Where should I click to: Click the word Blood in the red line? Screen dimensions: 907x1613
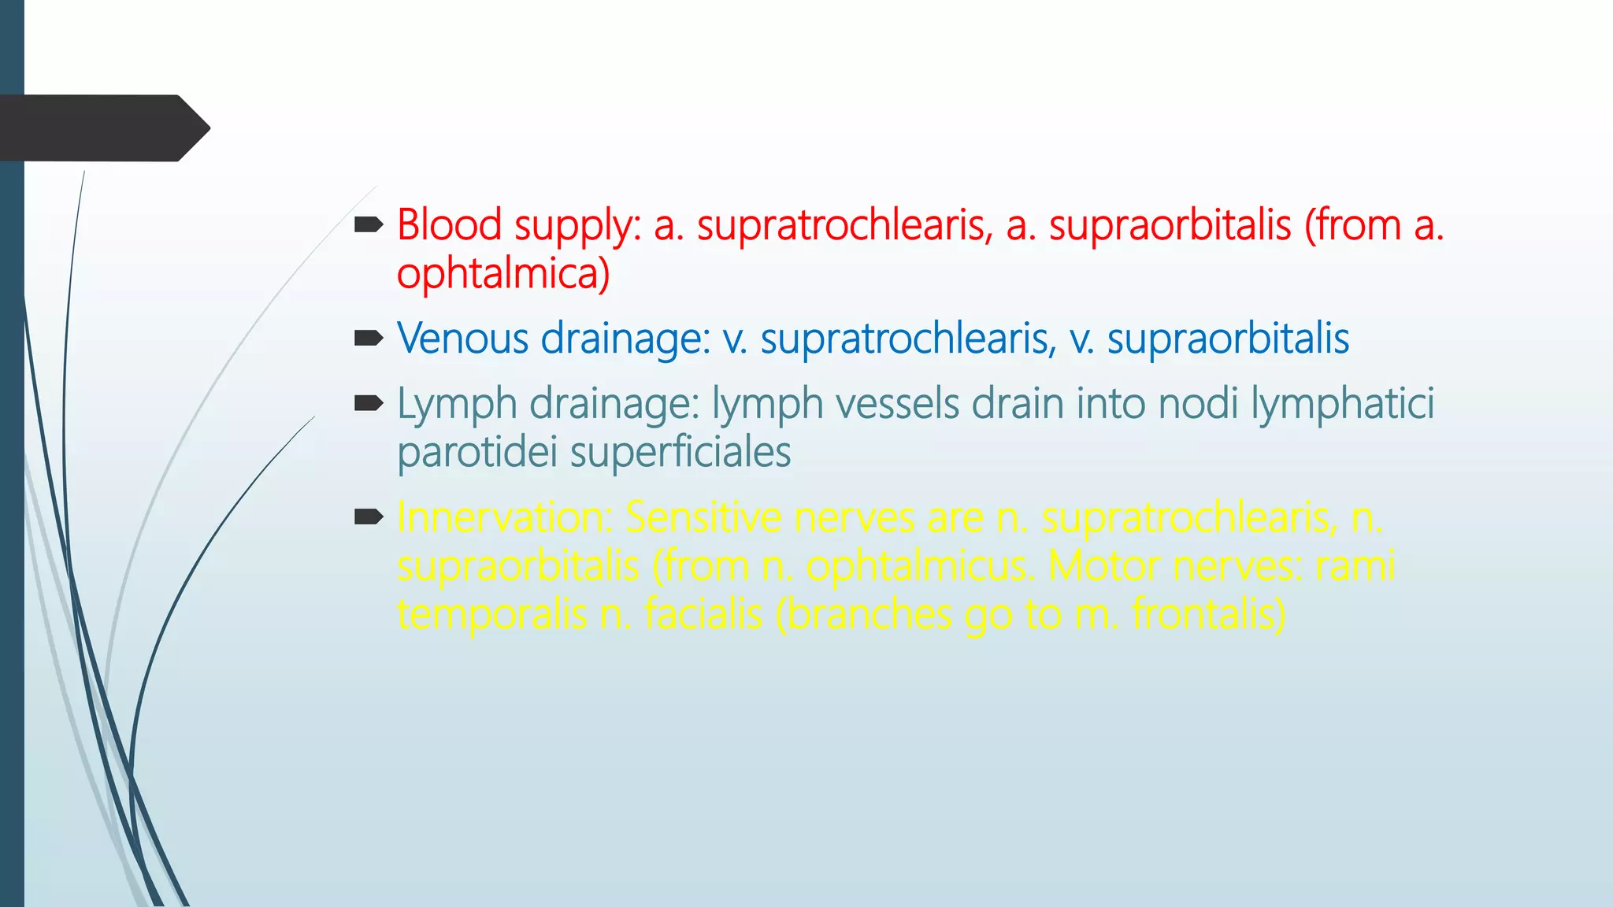click(449, 225)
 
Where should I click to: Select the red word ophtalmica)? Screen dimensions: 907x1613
click(503, 274)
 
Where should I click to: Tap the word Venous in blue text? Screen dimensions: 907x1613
click(462, 339)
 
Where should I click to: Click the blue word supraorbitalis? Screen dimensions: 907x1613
click(1228, 339)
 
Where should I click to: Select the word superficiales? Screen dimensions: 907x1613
click(680, 453)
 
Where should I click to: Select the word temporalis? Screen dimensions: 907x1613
click(491, 614)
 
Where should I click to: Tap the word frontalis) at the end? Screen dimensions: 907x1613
click(1209, 614)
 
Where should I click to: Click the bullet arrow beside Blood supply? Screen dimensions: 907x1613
click(368, 226)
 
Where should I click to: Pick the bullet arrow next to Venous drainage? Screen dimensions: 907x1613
click(368, 339)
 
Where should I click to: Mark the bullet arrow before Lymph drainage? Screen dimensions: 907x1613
click(368, 405)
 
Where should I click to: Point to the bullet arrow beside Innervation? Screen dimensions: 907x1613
click(368, 517)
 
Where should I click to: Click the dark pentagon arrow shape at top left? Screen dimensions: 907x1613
click(102, 128)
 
